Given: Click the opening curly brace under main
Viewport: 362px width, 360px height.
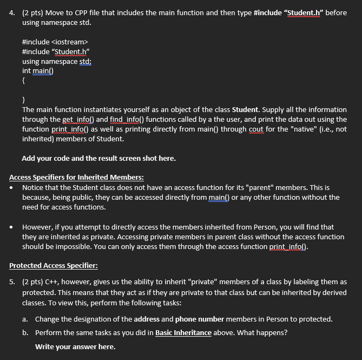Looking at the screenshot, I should [24, 81].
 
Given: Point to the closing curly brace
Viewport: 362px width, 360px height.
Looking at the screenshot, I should [24, 100].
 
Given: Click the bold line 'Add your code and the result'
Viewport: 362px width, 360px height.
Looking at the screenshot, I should [98, 159].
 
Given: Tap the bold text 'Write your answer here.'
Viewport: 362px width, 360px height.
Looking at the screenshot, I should [75, 346].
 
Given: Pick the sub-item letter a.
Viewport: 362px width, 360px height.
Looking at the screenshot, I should [25, 319].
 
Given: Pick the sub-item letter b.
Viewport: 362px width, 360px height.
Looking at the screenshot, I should [25, 332].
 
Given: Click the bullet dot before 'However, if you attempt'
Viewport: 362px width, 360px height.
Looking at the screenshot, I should [12, 227].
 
